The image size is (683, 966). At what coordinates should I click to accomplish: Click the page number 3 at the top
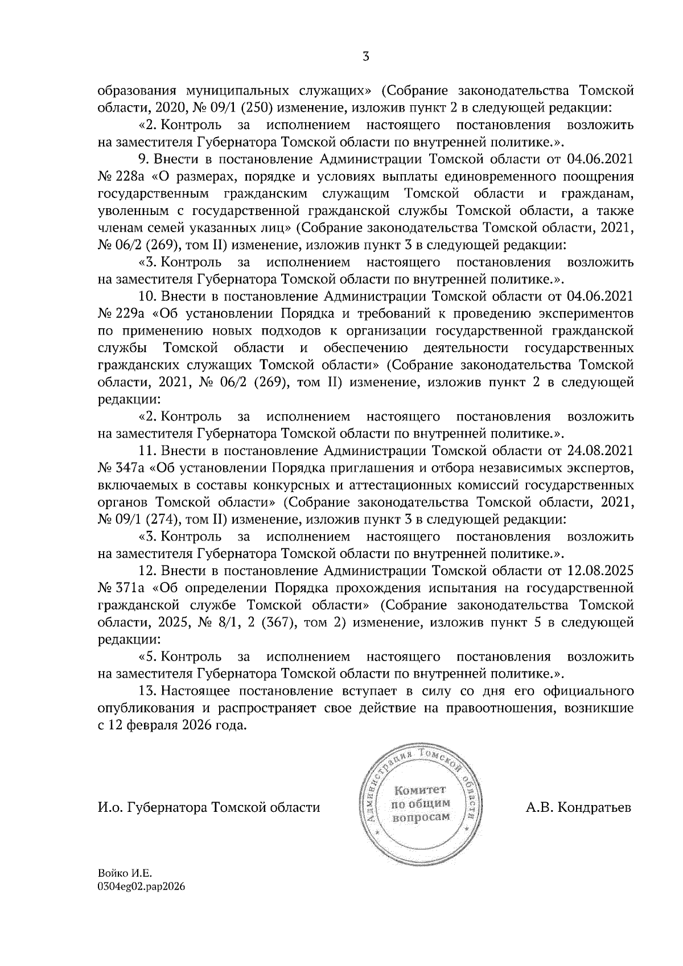[x=366, y=56]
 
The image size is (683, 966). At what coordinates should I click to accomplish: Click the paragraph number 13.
[x=147, y=691]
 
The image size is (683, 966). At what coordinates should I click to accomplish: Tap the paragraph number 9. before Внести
[x=143, y=159]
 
